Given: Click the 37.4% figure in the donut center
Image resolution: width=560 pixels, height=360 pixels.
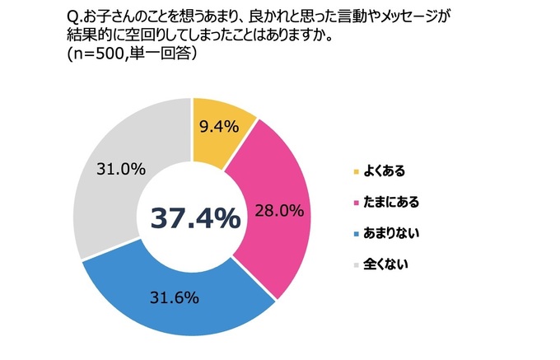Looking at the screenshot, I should [x=195, y=218].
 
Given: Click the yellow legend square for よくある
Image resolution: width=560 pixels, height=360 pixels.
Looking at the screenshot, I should [x=356, y=171].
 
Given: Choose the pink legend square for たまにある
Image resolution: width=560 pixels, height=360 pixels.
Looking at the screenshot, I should [x=356, y=203].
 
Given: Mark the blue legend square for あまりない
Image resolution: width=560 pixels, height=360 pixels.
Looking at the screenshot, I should [x=356, y=234].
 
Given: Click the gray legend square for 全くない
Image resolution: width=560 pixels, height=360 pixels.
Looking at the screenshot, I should [x=356, y=265].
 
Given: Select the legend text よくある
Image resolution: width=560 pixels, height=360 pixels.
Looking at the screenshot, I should [x=386, y=171].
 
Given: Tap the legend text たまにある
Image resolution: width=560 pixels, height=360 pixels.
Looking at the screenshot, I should [x=392, y=203].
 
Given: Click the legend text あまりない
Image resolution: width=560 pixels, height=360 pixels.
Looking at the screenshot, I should [x=392, y=234].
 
